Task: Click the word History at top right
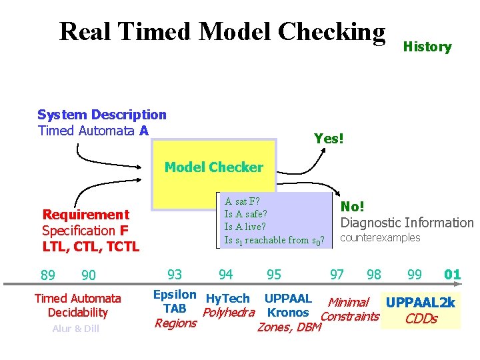coord(427,47)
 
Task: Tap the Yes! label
coord(329,139)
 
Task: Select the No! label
coord(353,207)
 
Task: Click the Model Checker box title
coord(213,167)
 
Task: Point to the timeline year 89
coord(48,275)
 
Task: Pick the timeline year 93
coord(175,274)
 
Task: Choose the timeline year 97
coord(337,274)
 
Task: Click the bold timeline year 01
coord(452,274)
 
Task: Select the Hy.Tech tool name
coord(227,299)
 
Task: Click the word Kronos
coord(287,313)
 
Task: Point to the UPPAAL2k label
coord(420,303)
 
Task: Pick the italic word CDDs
coord(421,319)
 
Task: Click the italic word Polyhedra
coord(229,313)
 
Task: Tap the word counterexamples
coord(381,238)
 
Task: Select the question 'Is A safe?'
coord(245,214)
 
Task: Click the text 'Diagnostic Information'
coord(407,223)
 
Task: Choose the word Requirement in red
coord(85,215)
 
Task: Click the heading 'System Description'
coord(101,115)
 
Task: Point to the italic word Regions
coord(175,323)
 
